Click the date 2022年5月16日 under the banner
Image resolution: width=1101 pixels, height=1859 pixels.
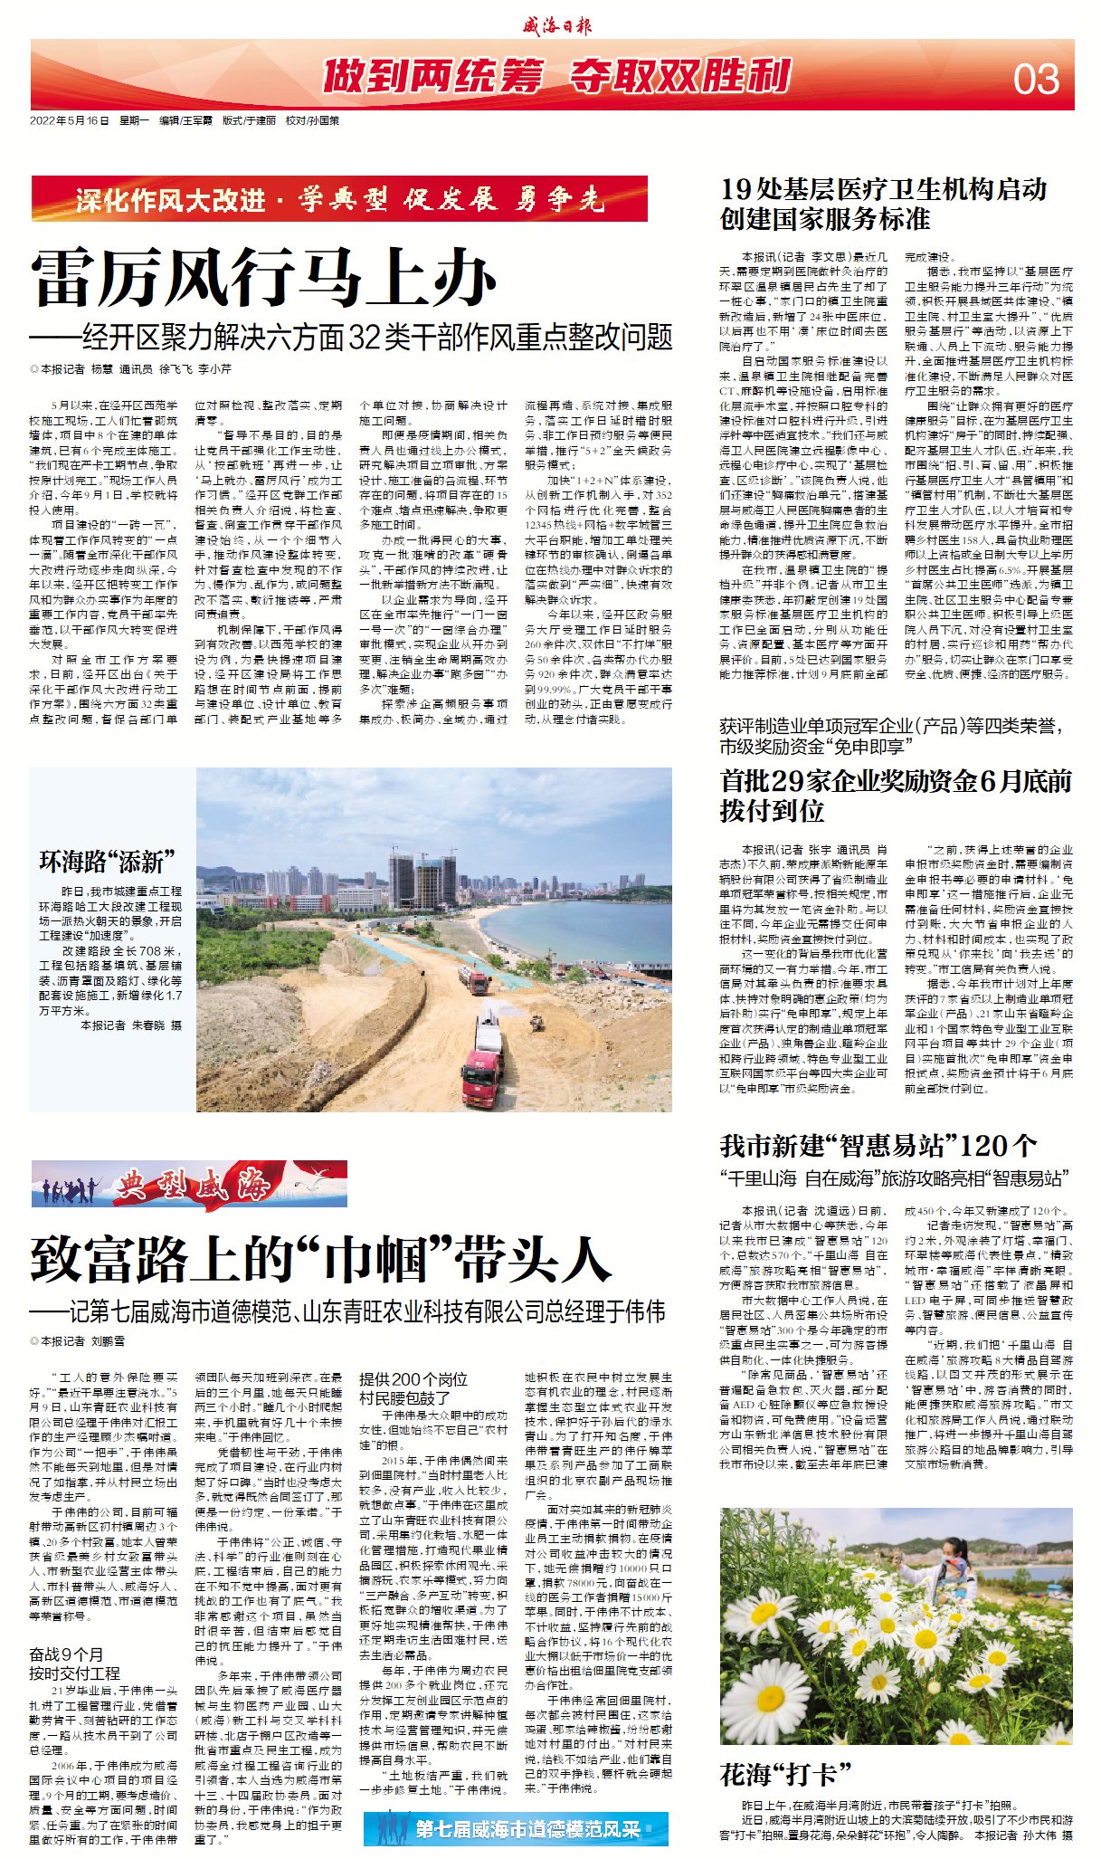pyautogui.click(x=70, y=120)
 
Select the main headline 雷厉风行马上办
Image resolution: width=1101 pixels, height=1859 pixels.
pyautogui.click(x=264, y=278)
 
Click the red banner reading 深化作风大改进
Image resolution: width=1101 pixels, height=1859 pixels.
pyautogui.click(x=339, y=199)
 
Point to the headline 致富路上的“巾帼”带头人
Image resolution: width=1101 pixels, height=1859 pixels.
pyautogui.click(x=321, y=1259)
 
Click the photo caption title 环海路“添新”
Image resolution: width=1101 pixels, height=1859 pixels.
pyautogui.click(x=107, y=861)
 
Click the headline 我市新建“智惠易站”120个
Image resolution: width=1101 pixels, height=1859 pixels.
pyautogui.click(x=878, y=1147)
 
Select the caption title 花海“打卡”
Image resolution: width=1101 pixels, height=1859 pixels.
pyautogui.click(x=785, y=1774)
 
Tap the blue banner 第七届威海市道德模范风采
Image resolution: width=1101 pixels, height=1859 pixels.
pyautogui.click(x=517, y=1828)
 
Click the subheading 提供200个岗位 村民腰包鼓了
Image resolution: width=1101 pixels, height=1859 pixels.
pyautogui.click(x=414, y=1388)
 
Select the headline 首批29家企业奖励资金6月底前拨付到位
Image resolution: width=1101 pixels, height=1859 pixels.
pyautogui.click(x=896, y=796)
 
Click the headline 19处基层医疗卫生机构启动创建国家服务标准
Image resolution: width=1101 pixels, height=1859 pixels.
pyautogui.click(x=883, y=204)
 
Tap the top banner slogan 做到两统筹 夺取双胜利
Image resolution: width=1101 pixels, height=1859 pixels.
pyautogui.click(x=556, y=77)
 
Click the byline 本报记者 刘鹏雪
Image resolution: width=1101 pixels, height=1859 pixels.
pyautogui.click(x=78, y=1341)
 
